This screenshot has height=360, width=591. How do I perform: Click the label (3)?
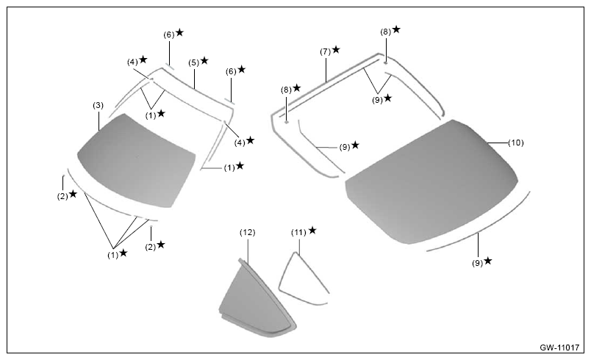coord(98,106)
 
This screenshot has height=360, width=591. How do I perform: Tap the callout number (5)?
coord(194,62)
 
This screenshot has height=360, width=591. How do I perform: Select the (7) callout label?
coord(326,51)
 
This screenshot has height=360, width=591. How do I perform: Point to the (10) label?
coord(515,143)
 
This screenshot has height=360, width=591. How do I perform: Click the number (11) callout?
coord(298,233)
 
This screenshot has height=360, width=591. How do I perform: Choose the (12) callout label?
coord(247,233)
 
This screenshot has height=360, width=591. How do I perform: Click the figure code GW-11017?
coord(559,348)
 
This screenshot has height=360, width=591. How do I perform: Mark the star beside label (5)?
coord(204,61)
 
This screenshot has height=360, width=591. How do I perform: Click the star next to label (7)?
coord(336,49)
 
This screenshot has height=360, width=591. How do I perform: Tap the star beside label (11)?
coord(312,230)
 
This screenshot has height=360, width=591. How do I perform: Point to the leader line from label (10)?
coord(498,143)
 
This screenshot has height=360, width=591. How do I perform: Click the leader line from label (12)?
coord(248,250)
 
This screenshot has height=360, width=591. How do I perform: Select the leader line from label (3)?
coord(98,120)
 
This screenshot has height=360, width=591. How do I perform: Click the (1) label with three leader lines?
coord(113,255)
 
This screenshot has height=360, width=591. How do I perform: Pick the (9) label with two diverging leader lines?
coord(378,100)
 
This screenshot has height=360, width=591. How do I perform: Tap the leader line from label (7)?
coord(326,68)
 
